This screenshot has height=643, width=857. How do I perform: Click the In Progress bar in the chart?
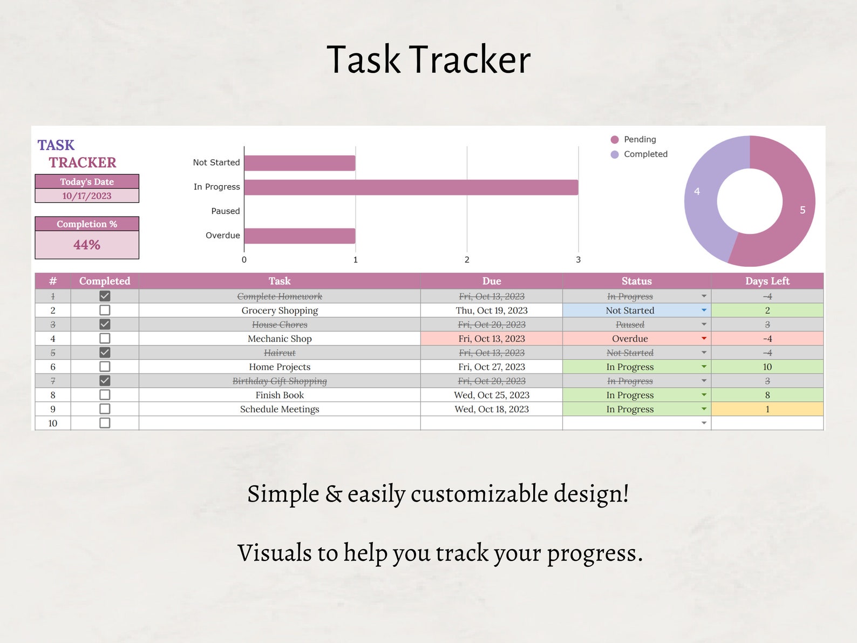(x=411, y=187)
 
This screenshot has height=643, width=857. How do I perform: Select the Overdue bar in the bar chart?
(x=300, y=236)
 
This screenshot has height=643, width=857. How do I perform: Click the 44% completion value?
(x=87, y=245)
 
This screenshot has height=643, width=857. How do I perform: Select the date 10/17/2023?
(x=87, y=196)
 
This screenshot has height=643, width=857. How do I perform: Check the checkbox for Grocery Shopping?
(x=105, y=310)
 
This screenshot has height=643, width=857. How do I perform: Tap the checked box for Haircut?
(x=105, y=353)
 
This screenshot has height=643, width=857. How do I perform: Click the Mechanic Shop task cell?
(x=280, y=339)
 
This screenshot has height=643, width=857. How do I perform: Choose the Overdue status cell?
(x=630, y=339)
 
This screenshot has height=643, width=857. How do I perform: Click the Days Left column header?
(x=767, y=281)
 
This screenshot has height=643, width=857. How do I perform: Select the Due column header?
(x=492, y=281)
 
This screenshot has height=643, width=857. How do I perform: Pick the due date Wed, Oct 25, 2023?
(x=492, y=395)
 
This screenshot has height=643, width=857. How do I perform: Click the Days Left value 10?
(x=767, y=367)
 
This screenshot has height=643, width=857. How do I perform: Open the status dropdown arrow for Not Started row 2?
(x=704, y=310)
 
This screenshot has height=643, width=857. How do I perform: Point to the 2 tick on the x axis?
(x=467, y=260)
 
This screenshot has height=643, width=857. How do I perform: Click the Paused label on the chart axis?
(x=226, y=211)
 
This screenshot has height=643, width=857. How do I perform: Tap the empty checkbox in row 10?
(x=105, y=423)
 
